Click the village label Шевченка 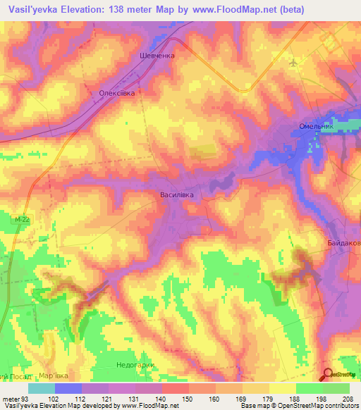pos(157,56)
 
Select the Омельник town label pos(311,128)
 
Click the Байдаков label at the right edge pos(343,244)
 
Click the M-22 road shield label pos(21,220)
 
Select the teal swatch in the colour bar pos(42,388)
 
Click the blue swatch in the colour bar pos(68,388)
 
